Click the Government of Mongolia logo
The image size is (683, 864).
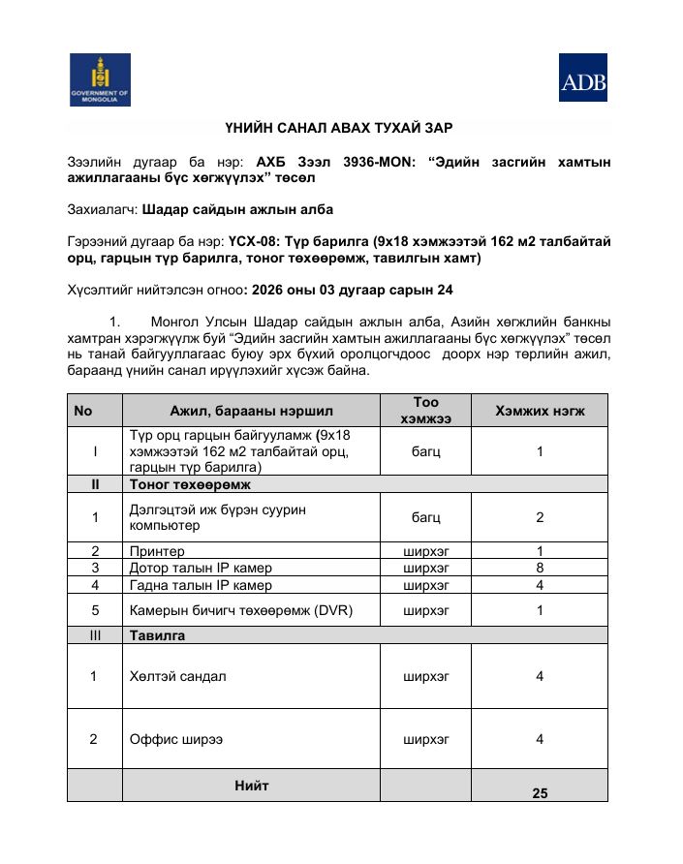(100, 79)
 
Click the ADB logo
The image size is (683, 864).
(583, 77)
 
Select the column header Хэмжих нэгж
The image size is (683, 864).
(540, 411)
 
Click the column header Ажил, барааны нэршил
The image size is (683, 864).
(251, 411)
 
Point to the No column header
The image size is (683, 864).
(83, 411)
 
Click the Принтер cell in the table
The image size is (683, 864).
(157, 551)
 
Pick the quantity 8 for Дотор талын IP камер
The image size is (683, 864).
(540, 568)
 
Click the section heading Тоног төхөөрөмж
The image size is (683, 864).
(184, 483)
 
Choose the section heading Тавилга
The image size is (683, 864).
(157, 635)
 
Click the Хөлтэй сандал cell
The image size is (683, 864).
(178, 676)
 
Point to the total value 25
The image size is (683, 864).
(540, 792)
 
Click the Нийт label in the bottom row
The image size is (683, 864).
(252, 786)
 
